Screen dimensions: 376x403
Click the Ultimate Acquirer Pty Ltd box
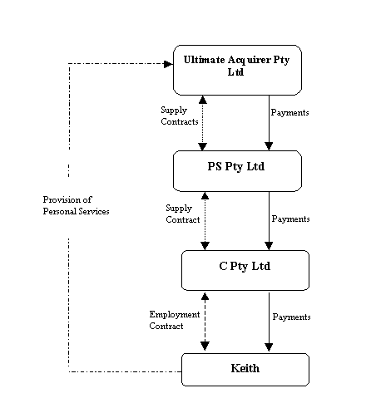pyautogui.click(x=237, y=70)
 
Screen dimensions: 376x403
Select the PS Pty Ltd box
pyautogui.click(x=237, y=171)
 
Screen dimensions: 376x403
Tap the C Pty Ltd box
pyautogui.click(x=245, y=270)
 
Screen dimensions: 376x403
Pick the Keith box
pyautogui.click(x=245, y=370)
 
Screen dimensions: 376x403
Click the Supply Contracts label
pyautogui.click(x=180, y=115)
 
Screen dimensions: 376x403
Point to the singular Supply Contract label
pyautogui.click(x=183, y=214)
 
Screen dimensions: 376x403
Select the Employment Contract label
pyautogui.click(x=175, y=320)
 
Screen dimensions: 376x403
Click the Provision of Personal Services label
pyautogui.click(x=76, y=205)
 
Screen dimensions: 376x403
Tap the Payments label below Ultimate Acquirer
pyautogui.click(x=289, y=113)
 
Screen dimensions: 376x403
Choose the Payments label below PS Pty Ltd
pyautogui.click(x=290, y=219)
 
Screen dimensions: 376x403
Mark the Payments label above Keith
pyautogui.click(x=291, y=317)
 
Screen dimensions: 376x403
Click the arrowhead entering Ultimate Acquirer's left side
pyautogui.click(x=168, y=64)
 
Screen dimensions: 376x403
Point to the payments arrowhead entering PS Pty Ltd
pyautogui.click(x=269, y=146)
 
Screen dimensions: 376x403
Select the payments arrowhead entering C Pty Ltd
pyautogui.click(x=269, y=246)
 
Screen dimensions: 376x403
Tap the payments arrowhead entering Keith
pyautogui.click(x=269, y=347)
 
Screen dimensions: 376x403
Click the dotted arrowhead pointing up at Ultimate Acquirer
pyautogui.click(x=203, y=100)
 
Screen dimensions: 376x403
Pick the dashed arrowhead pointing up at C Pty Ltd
pyautogui.click(x=205, y=297)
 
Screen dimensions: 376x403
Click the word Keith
pyautogui.click(x=245, y=368)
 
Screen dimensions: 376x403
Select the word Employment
pyautogui.click(x=175, y=315)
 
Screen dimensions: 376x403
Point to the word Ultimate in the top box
pyautogui.click(x=205, y=60)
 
